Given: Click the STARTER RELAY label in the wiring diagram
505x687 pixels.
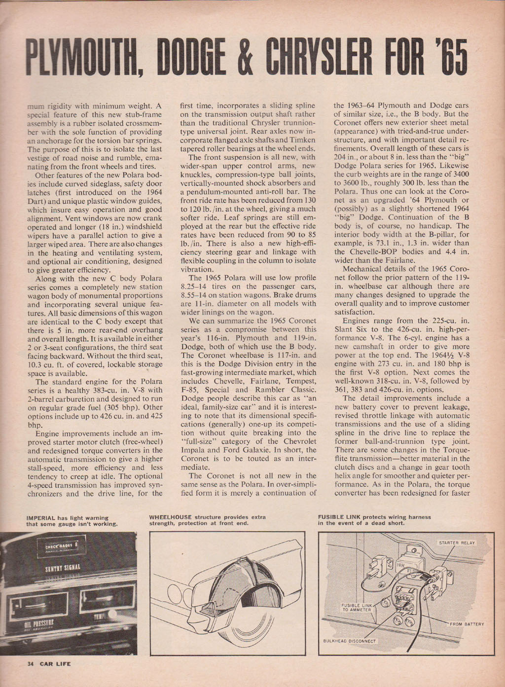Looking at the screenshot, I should [x=457, y=542].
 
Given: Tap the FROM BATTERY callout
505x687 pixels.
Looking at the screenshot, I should [x=466, y=624].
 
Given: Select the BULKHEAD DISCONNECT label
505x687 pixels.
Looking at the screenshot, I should [x=349, y=641].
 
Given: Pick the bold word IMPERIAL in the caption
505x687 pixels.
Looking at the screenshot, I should [x=41, y=517].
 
